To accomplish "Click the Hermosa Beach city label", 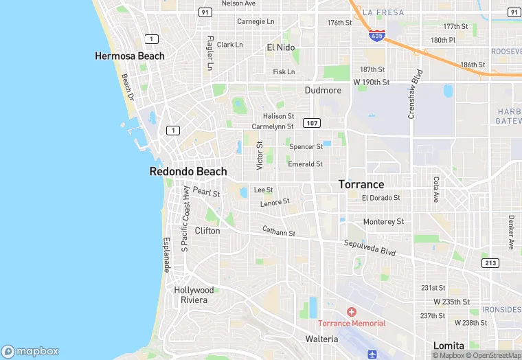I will tap(130, 56).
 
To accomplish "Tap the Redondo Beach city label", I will tap(188, 171).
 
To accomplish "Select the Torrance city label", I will tap(361, 185).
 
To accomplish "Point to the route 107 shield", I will tap(312, 123).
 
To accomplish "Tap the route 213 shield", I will tap(490, 263).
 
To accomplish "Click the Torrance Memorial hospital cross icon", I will tap(352, 313).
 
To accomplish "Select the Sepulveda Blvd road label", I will tap(370, 248).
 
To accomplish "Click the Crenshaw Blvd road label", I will tap(414, 93).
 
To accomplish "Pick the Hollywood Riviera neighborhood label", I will tap(194, 295).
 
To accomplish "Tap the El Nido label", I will tap(280, 47).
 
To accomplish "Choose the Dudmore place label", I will tap(323, 90).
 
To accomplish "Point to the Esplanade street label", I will tap(166, 254).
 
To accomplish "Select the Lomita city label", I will tap(449, 345).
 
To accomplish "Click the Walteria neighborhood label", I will tap(321, 339).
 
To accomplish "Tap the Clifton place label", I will tap(207, 231).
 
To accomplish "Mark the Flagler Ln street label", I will tap(209, 53).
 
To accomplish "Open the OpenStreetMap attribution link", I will tap(493, 355).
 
